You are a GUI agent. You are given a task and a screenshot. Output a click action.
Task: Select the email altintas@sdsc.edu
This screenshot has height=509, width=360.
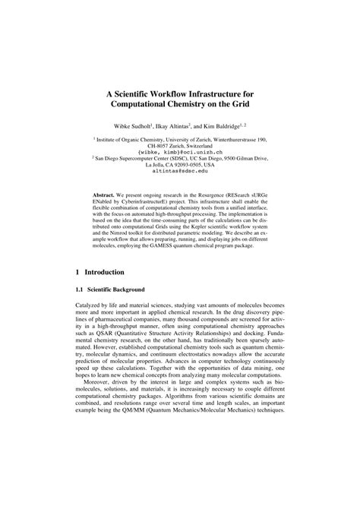[x=179, y=172]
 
